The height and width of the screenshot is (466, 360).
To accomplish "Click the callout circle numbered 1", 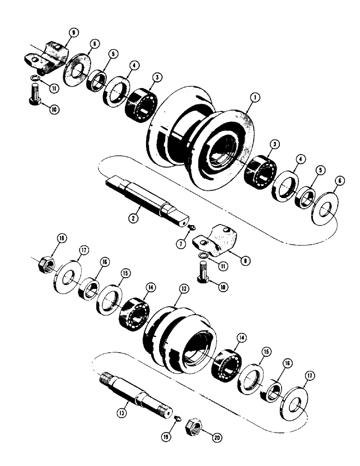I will [255, 98].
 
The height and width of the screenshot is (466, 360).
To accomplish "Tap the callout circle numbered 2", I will [134, 218].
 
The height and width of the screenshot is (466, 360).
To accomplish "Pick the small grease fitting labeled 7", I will [192, 227].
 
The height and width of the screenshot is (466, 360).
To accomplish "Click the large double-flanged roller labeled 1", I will [201, 135].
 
